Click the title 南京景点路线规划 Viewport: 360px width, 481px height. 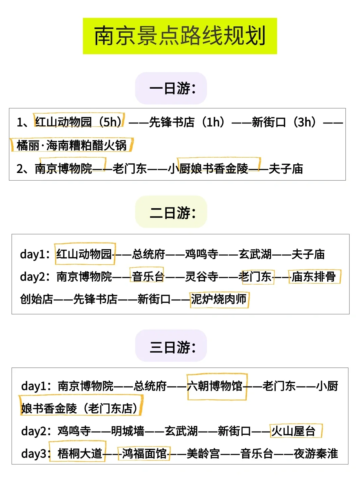tap(180, 36)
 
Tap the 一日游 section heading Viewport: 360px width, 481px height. tap(173, 89)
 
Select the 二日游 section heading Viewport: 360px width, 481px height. tap(173, 213)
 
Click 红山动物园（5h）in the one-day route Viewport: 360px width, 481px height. tap(79, 122)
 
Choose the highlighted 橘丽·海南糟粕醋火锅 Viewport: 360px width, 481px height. tap(72, 145)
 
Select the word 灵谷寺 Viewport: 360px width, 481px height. tap(202, 277)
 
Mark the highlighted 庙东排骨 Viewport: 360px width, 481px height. tap(314, 277)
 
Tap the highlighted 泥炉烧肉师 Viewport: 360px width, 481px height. tap(219, 299)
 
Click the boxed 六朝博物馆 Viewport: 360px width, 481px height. tap(215, 386)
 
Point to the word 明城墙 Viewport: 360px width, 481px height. tap(128, 431)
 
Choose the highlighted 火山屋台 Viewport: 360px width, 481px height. tap(293, 431)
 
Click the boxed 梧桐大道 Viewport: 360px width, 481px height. tap(80, 454)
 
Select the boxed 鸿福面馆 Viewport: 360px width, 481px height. tap(144, 454)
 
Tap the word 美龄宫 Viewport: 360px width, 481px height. tap(203, 454)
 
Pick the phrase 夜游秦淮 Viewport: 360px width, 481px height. tap(316, 454)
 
